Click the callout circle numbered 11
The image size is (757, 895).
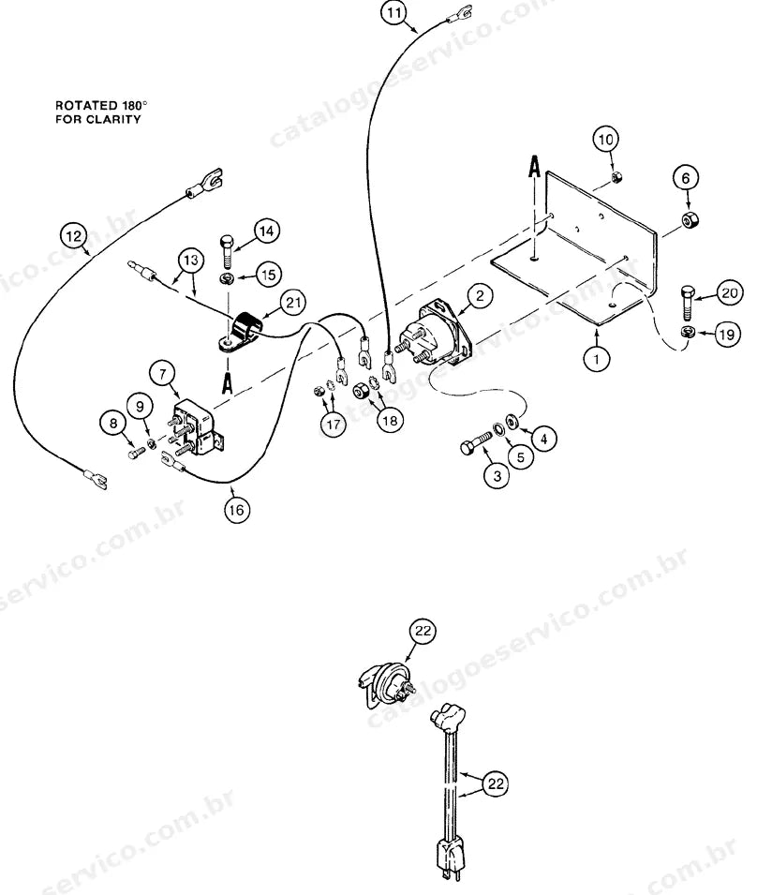coord(394,12)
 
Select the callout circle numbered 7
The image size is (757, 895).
coord(163,375)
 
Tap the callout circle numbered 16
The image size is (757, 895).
coord(236,509)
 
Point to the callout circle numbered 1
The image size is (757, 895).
coord(597,359)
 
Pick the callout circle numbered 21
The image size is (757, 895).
coord(292,303)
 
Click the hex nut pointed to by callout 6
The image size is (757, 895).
coord(690,219)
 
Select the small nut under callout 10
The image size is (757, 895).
coord(616,178)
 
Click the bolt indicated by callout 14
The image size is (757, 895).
coord(227,252)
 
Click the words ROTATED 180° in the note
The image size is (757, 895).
coord(101,106)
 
